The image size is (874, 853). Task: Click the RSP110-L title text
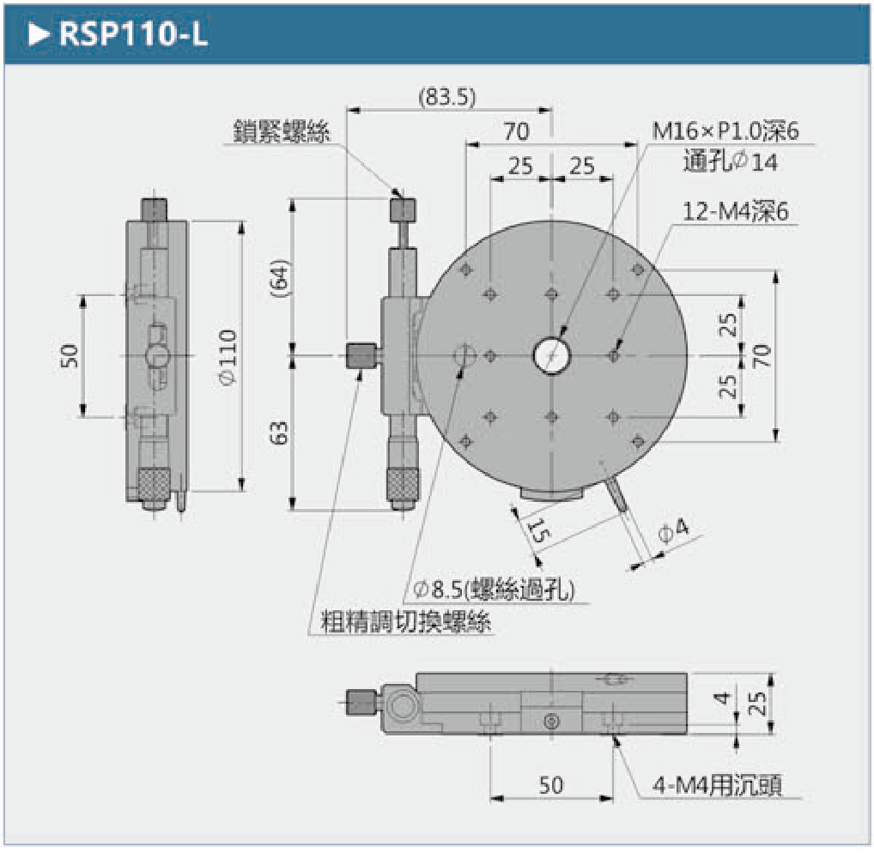[133, 34]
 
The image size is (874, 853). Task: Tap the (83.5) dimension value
[447, 98]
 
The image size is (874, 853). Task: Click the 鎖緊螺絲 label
[282, 131]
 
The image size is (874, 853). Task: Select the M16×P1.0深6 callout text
[725, 131]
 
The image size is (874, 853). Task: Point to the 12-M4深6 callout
[735, 211]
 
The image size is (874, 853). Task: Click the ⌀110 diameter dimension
[228, 357]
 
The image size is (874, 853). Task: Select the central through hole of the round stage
[551, 355]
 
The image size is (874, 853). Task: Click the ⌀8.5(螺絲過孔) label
[494, 589]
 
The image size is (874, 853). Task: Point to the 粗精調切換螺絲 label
[406, 621]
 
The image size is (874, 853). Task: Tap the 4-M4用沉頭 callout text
[718, 785]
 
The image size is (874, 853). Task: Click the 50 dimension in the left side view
[69, 355]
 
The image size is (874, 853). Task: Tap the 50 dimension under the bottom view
[550, 784]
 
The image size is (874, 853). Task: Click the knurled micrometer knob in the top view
[403, 485]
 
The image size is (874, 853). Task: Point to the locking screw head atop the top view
[402, 209]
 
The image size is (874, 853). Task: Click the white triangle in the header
[39, 34]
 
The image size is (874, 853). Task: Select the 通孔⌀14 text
[730, 162]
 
